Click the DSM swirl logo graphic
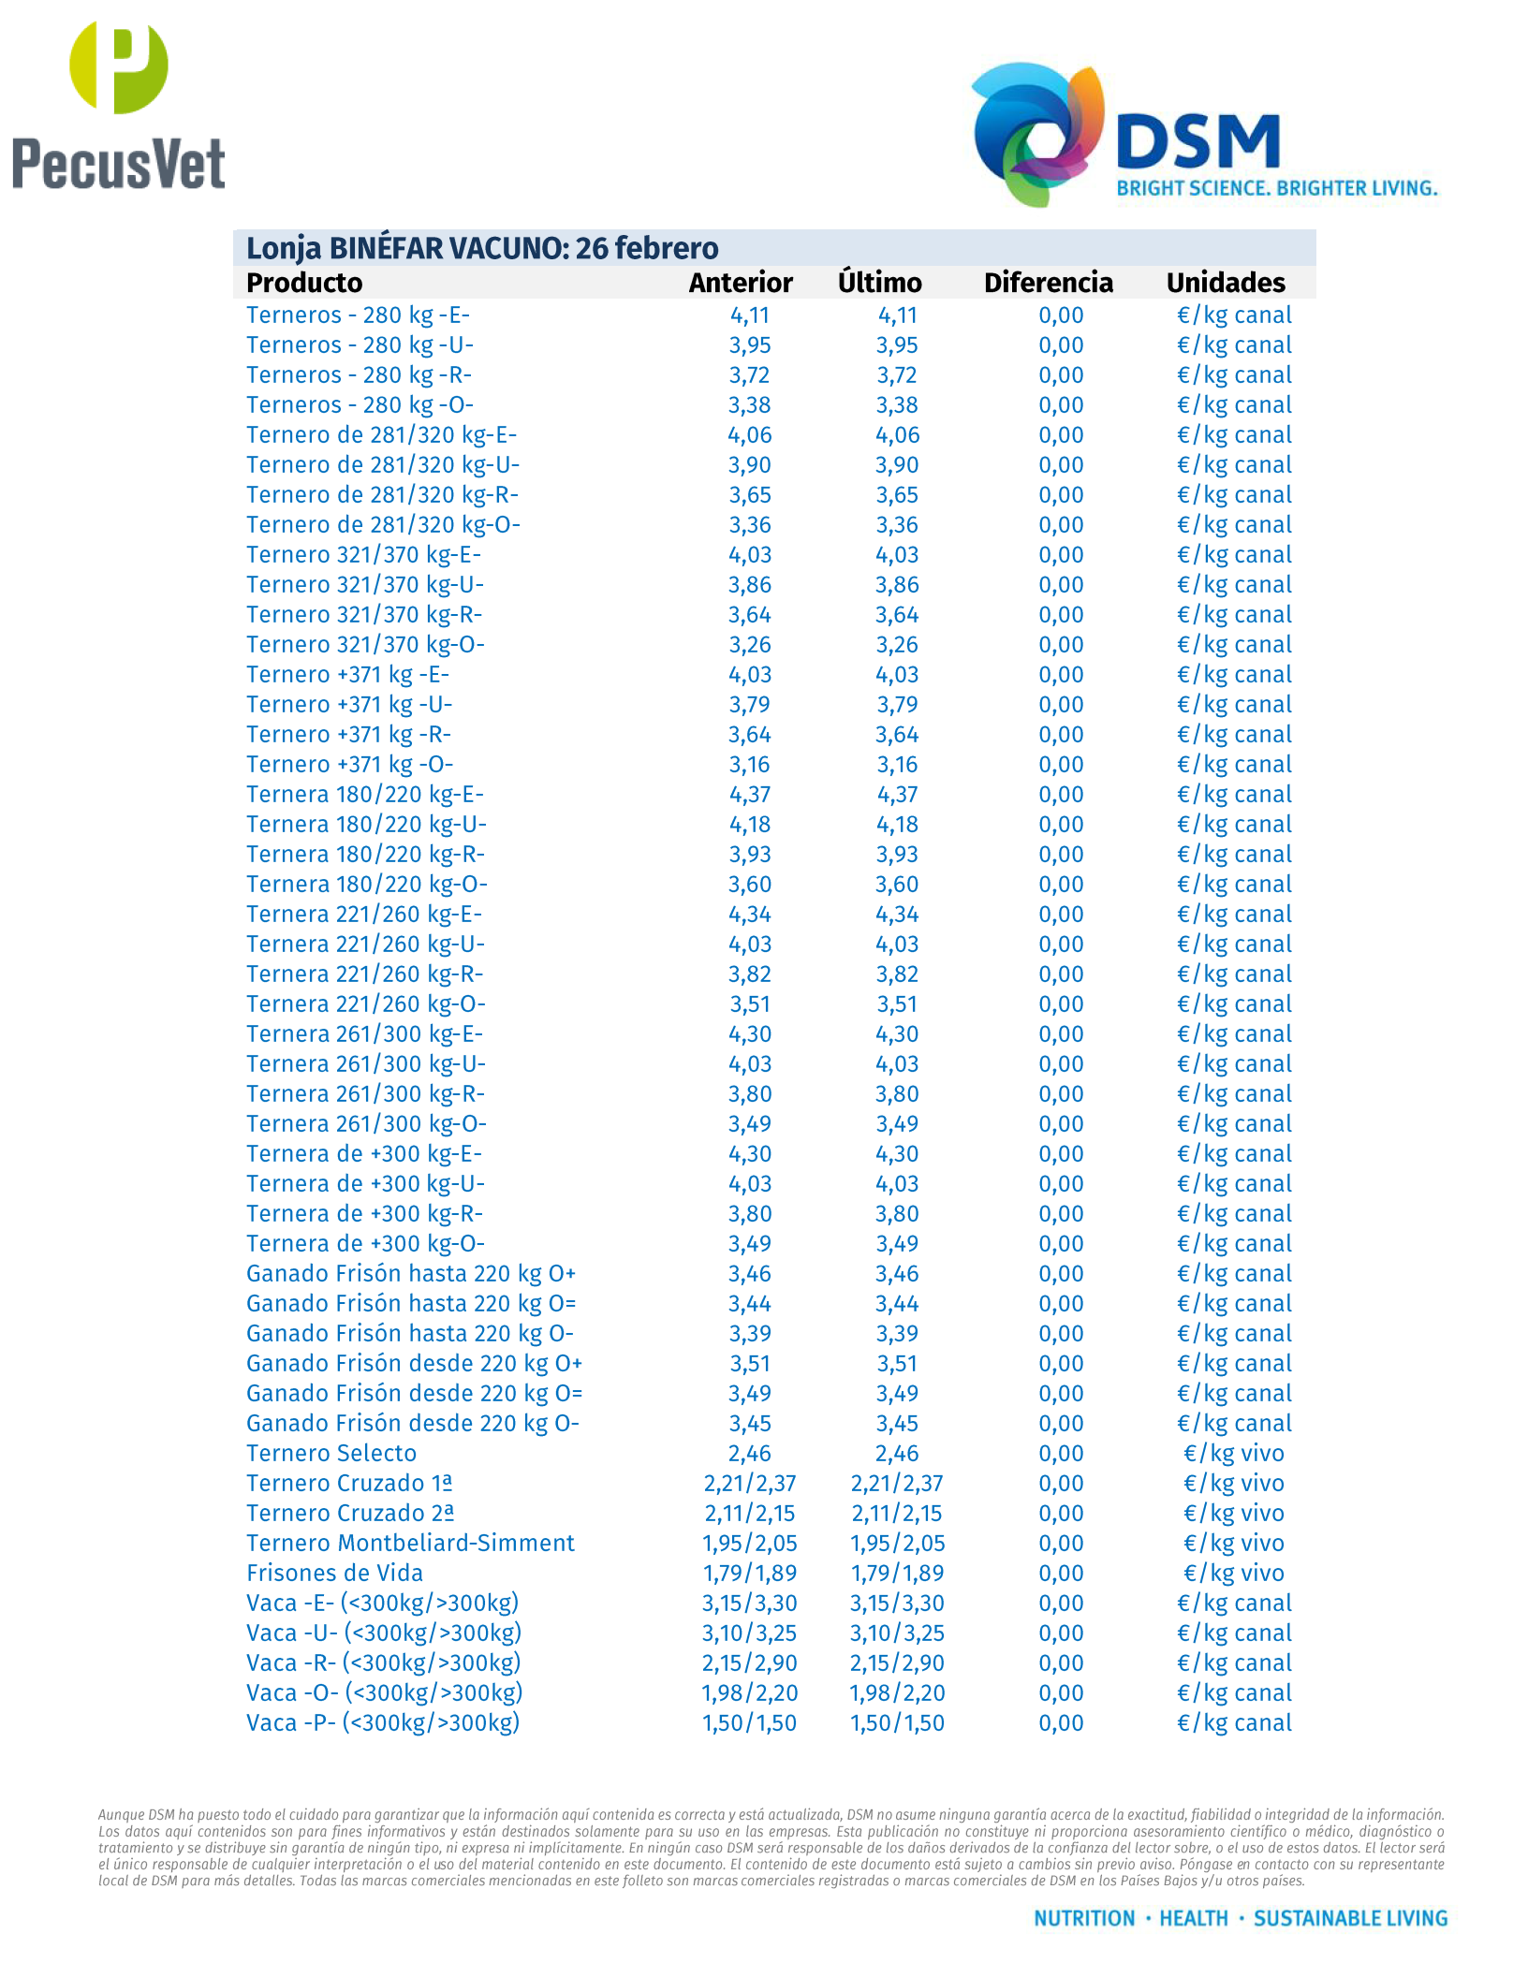(1037, 133)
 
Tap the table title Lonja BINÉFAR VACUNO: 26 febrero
(482, 248)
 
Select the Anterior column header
(741, 283)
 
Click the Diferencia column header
(1048, 283)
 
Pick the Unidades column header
(1226, 283)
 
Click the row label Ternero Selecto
(331, 1454)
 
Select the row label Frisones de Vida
(334, 1574)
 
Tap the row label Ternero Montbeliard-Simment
(410, 1544)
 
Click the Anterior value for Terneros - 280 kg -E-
(750, 315)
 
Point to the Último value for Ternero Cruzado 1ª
(897, 1484)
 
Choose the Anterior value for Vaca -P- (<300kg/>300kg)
(749, 1723)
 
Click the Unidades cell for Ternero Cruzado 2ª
(1233, 1514)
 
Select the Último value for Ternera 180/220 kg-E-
(897, 795)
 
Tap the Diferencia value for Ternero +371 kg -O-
(1061, 765)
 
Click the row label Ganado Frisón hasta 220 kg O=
(411, 1304)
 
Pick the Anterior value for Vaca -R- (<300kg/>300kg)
(749, 1663)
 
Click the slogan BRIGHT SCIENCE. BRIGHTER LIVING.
(1276, 188)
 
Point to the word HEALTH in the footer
(1194, 1918)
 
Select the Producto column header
(304, 283)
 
